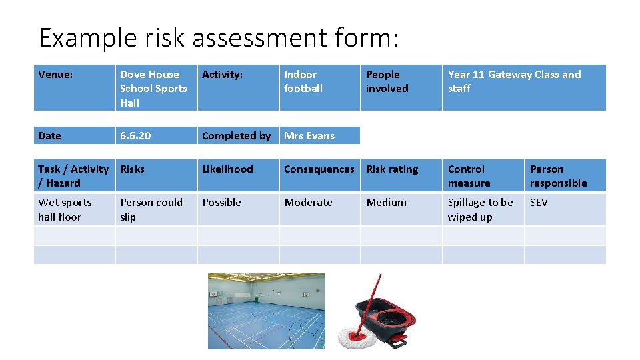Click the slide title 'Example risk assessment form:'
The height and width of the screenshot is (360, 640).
pos(219,38)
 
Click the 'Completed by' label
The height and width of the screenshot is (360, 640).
pos(236,135)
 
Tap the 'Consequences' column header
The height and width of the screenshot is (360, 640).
pos(319,169)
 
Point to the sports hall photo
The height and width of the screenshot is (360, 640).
pos(267,311)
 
